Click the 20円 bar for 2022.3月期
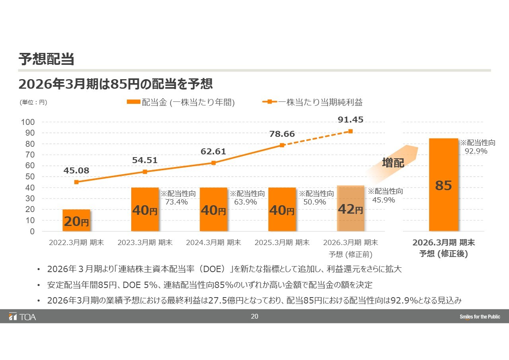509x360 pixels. pos(76,220)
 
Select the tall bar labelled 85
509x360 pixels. pos(443,185)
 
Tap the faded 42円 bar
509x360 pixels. pos(350,208)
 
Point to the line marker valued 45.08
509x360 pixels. pos(76,182)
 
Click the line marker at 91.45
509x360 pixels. pos(350,131)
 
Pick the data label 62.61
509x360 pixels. pos(214,152)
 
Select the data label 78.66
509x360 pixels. pos(282,134)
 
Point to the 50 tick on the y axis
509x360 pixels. pos(30,177)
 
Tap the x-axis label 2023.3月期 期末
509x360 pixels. pos(145,243)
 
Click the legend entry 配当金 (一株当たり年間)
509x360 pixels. pos(181,102)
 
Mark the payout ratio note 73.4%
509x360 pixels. pos(177,202)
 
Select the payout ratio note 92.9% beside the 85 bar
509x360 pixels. pos(476,151)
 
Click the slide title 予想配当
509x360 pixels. pos(47,59)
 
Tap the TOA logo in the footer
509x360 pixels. pos(23,317)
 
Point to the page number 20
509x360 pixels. pos(254,317)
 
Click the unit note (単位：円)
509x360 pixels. pos(33,102)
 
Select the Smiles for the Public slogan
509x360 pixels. pos(480,317)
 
